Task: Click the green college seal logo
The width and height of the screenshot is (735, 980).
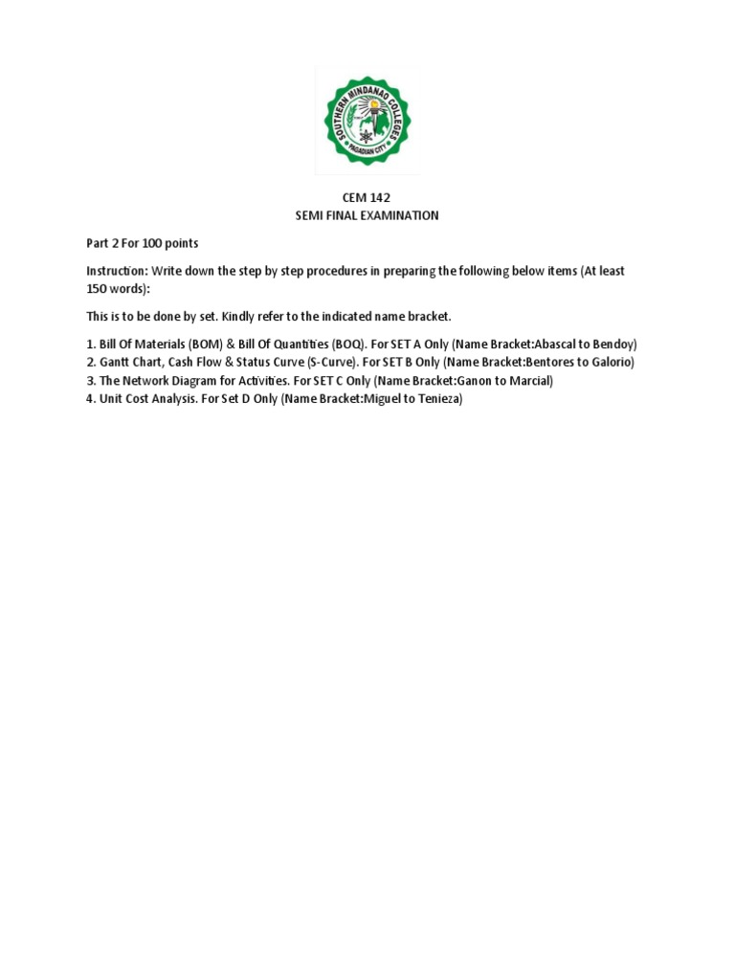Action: (367, 120)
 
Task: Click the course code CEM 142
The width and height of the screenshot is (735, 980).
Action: (367, 197)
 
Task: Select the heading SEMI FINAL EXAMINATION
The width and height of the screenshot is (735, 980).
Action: (367, 215)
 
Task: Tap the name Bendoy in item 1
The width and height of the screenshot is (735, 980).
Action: (615, 344)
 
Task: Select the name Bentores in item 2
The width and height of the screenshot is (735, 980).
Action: (546, 362)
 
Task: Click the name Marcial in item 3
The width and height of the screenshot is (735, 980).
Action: (528, 380)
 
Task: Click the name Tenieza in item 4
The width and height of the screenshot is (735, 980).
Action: (439, 398)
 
